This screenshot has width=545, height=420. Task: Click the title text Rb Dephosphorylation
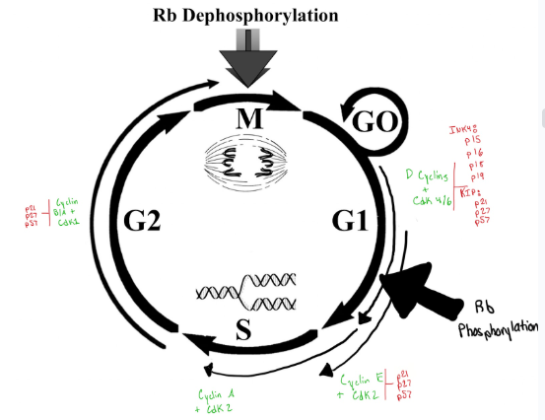pos(244,15)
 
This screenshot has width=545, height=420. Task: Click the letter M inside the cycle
pos(249,119)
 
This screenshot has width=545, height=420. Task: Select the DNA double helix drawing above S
pos(247,290)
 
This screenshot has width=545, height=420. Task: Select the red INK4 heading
pos(464,128)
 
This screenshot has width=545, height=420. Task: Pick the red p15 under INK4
pos(472,140)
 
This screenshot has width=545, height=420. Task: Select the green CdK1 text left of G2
pos(68,222)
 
